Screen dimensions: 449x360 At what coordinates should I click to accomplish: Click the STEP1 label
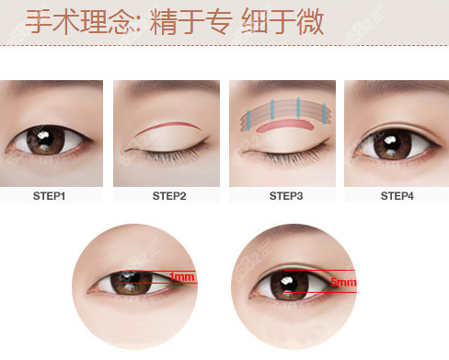(x=49, y=196)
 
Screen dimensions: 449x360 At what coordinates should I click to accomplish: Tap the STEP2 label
(x=169, y=196)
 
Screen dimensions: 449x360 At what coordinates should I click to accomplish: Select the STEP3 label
(x=286, y=196)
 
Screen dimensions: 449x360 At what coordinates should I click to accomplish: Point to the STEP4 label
(x=397, y=196)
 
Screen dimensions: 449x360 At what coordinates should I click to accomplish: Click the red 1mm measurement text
(x=182, y=277)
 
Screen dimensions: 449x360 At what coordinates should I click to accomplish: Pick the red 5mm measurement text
(x=343, y=282)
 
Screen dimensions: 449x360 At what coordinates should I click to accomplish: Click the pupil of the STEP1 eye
(x=45, y=140)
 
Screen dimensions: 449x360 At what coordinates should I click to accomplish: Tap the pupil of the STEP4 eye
(x=392, y=144)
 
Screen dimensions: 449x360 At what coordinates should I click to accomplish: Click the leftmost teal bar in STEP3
(x=248, y=119)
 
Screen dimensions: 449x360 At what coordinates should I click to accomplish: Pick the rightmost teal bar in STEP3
(x=324, y=114)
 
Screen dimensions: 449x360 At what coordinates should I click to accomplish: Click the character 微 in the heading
(x=310, y=22)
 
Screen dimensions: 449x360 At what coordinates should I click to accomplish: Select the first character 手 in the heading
(x=39, y=21)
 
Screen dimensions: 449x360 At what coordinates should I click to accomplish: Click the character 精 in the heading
(x=163, y=22)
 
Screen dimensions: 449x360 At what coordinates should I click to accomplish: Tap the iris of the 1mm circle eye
(x=132, y=282)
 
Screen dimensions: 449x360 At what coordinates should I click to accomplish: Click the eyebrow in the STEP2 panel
(x=172, y=87)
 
